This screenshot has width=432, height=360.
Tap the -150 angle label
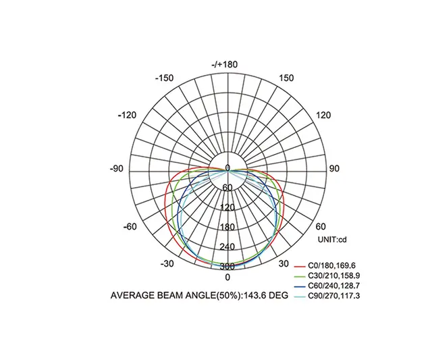[164, 78]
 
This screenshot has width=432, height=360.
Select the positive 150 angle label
[286, 78]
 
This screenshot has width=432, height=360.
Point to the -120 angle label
[127, 115]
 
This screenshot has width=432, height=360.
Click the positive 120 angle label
[324, 115]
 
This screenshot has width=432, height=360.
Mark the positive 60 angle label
[321, 226]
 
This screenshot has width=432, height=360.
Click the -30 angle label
[168, 263]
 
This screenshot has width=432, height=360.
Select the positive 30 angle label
[284, 263]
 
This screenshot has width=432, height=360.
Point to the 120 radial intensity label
[227, 207]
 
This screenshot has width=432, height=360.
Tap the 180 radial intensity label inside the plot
[227, 227]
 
